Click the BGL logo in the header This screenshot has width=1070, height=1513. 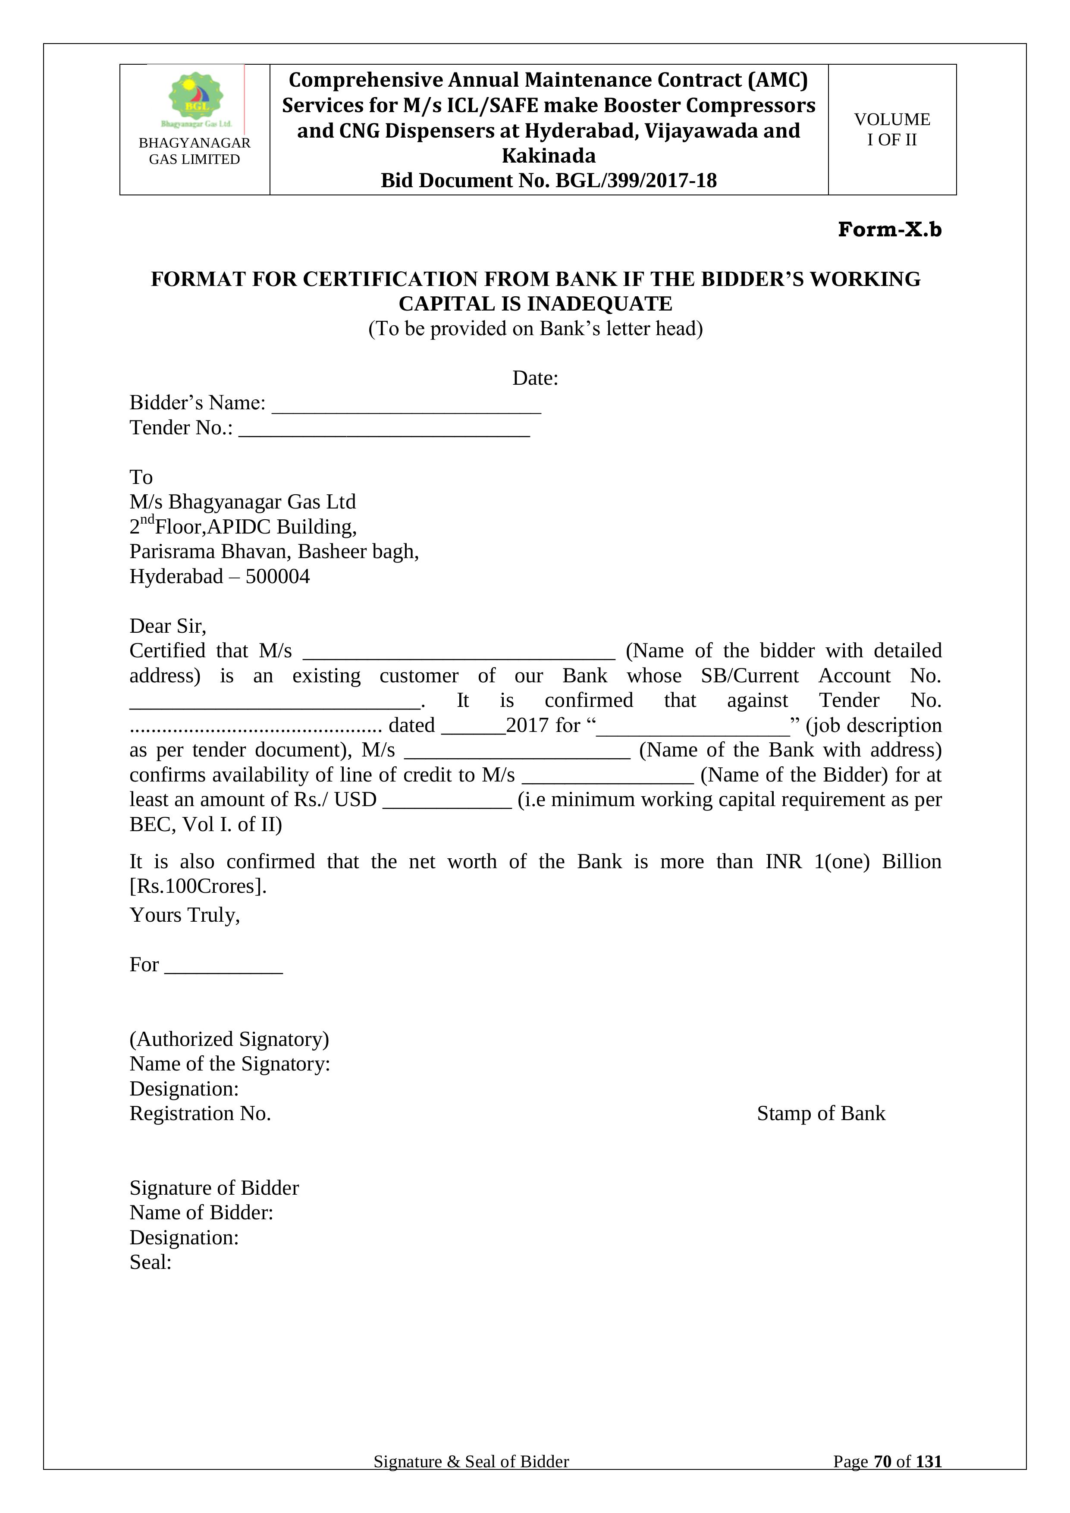click(x=196, y=99)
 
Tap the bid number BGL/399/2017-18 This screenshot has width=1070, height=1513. click(x=636, y=181)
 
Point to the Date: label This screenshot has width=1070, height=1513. click(x=535, y=378)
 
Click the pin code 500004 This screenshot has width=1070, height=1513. click(x=277, y=577)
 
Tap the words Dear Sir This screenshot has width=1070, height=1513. click(x=167, y=626)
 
